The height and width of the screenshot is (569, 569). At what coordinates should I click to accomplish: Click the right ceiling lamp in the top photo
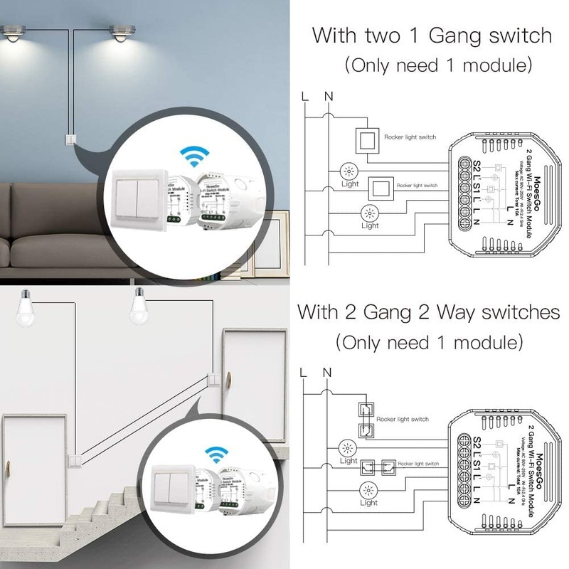coord(121,33)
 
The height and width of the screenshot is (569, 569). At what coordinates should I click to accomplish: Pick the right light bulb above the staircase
coord(140,304)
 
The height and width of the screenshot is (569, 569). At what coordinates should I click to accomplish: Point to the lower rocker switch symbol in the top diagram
coord(378,188)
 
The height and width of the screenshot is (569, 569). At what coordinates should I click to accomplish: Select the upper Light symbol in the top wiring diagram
coord(349,171)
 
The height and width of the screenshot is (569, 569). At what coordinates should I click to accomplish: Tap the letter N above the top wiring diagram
coord(327,95)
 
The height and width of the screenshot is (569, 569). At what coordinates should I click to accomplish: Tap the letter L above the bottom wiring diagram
coord(304,372)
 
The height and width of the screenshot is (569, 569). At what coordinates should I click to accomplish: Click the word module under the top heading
coord(491,66)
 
